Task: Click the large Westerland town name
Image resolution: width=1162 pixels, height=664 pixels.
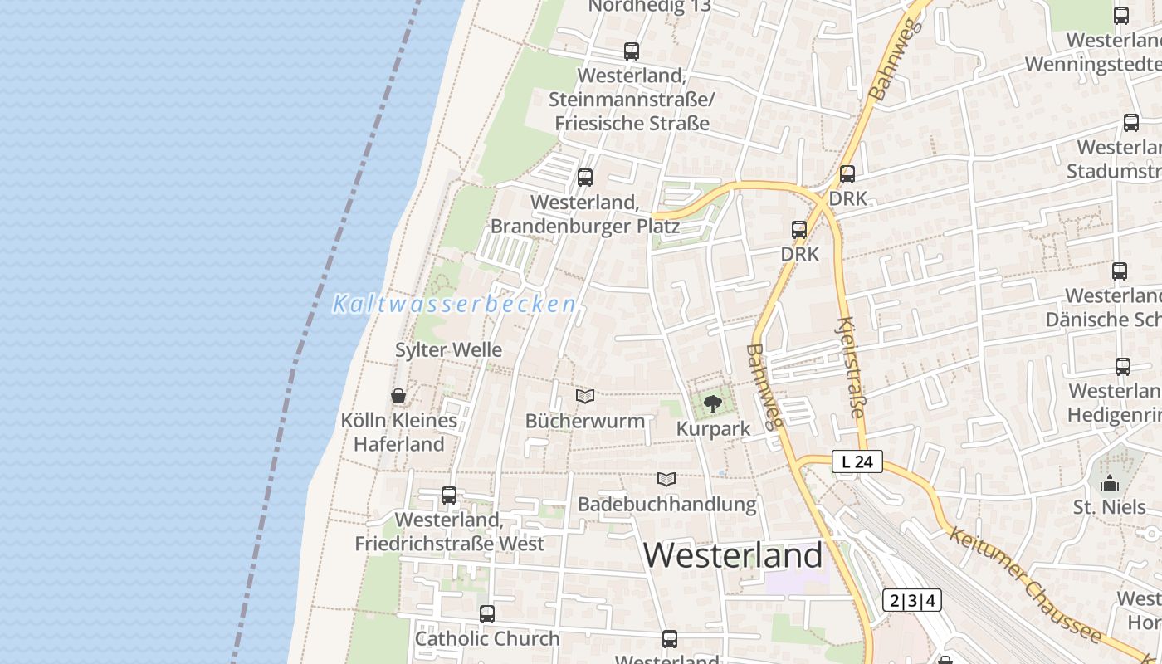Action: click(733, 555)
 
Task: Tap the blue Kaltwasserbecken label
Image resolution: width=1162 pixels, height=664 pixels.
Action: click(454, 305)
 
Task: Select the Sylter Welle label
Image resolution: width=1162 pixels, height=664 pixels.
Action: click(448, 350)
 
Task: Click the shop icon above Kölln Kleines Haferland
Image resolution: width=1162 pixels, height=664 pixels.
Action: click(398, 396)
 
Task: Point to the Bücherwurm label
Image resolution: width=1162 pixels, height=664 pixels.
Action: click(585, 421)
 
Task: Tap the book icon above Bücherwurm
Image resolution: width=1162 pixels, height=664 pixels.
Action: click(585, 397)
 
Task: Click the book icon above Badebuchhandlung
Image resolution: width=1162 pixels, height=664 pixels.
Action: click(666, 479)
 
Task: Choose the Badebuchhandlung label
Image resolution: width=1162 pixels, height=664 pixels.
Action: click(667, 504)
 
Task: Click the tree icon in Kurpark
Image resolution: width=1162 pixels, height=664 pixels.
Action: click(712, 404)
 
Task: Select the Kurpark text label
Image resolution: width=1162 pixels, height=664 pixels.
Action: click(713, 429)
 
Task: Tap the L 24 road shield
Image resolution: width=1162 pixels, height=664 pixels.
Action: click(857, 461)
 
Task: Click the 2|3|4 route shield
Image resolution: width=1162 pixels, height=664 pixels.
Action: click(911, 600)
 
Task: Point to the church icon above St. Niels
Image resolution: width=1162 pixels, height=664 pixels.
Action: click(1110, 483)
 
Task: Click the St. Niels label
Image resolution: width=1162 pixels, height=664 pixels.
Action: click(1110, 506)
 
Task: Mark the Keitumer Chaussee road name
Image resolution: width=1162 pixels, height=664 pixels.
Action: click(1026, 586)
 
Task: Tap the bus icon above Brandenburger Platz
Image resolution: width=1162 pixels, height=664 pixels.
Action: click(585, 178)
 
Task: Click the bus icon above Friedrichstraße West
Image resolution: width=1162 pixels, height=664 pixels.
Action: click(449, 496)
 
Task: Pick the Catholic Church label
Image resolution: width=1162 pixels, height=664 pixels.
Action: click(487, 639)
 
